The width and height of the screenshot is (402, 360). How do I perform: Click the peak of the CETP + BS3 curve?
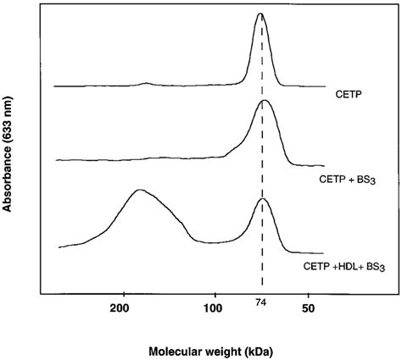tap(264, 101)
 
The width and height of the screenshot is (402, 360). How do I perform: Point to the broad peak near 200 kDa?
tap(139, 191)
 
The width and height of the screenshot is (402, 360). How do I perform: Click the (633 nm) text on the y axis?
tap(10, 118)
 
